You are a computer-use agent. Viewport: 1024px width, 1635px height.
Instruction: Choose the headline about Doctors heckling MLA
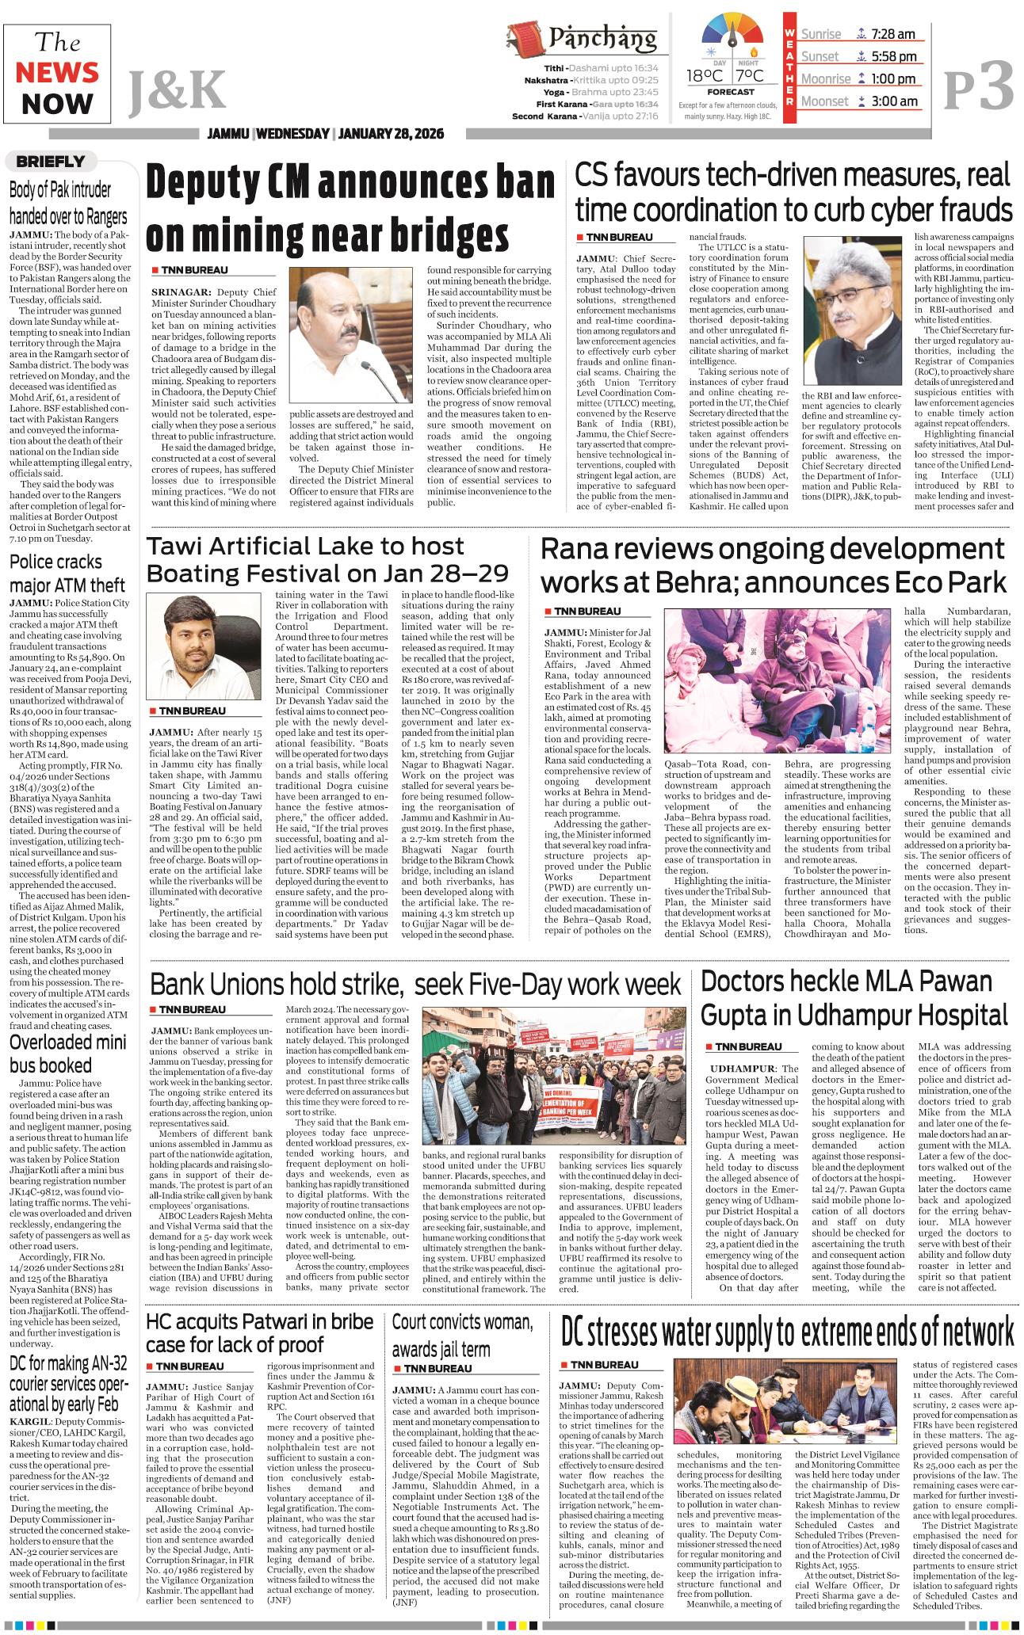tap(853, 997)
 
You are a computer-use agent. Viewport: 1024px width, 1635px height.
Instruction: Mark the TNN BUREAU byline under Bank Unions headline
tap(188, 1010)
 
